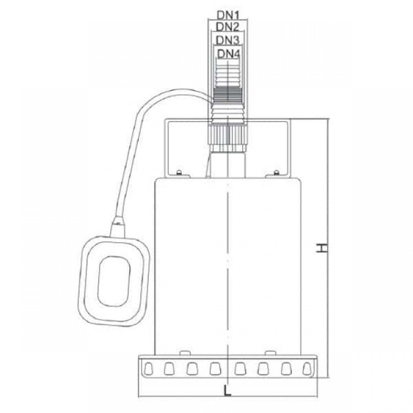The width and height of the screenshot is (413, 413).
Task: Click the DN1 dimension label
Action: point(228,15)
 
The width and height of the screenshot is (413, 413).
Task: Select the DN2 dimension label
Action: point(227,26)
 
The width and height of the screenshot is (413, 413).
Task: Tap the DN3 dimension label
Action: point(228,40)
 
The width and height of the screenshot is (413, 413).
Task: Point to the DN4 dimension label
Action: point(229,54)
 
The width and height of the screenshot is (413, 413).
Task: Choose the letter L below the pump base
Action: point(227,390)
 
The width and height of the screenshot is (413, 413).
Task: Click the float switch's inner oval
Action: point(114,281)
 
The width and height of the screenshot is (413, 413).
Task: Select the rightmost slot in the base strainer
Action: point(307,369)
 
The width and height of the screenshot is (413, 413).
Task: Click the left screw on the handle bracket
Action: point(179,172)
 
